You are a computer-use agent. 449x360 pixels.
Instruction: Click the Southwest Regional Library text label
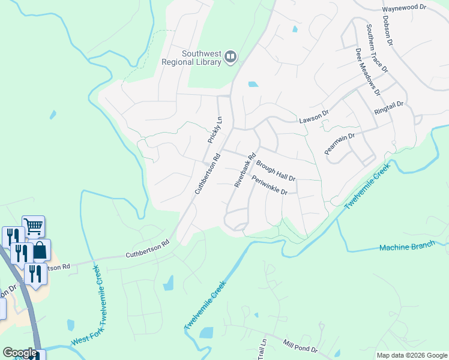point(192,56)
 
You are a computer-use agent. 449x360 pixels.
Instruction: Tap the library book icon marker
point(231,57)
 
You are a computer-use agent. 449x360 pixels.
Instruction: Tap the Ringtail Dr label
point(390,108)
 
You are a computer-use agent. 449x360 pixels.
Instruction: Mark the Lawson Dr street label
point(315,116)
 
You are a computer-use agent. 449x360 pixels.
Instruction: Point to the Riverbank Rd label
point(245,169)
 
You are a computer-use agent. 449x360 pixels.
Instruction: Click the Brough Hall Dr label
point(276,170)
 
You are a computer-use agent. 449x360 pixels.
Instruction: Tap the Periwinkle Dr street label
point(270,184)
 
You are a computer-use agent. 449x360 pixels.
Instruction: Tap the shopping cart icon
point(34,227)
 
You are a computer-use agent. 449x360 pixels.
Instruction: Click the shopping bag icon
point(40,250)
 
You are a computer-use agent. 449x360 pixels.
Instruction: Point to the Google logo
point(19,353)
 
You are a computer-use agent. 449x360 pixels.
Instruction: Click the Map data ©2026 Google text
point(412,355)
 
